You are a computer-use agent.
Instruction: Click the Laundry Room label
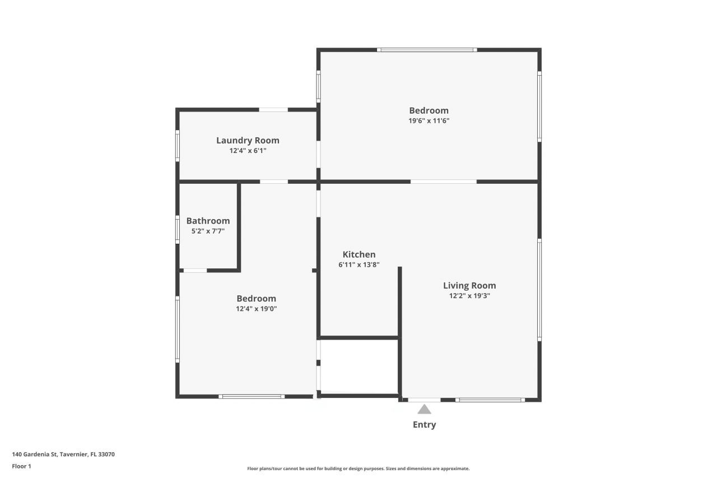[x=248, y=141]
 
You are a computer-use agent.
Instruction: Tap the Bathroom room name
[x=208, y=221]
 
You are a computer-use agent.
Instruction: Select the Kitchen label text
[x=359, y=254]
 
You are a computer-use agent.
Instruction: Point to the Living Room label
[x=469, y=286]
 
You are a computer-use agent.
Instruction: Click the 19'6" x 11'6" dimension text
[x=429, y=120]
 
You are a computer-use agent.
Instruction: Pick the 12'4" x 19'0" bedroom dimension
[x=256, y=308]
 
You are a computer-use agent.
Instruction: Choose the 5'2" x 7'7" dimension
[x=208, y=231]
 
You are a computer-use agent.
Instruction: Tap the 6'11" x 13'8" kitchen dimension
[x=359, y=264]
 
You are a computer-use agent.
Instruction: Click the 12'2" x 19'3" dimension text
[x=469, y=296]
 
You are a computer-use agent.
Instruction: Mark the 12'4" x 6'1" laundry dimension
[x=248, y=151]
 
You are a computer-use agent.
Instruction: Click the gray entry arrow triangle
[x=424, y=409]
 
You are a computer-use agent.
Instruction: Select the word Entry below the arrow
[x=424, y=425]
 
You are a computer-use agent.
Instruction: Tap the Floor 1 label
[x=21, y=466]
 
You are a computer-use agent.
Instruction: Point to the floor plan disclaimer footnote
[x=358, y=468]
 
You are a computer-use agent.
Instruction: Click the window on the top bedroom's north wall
[x=427, y=50]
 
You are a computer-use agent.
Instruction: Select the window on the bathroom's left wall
[x=178, y=230]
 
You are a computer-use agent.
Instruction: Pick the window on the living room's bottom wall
[x=490, y=400]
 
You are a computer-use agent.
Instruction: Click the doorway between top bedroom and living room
[x=443, y=182]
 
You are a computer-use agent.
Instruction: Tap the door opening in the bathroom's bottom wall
[x=195, y=271]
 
